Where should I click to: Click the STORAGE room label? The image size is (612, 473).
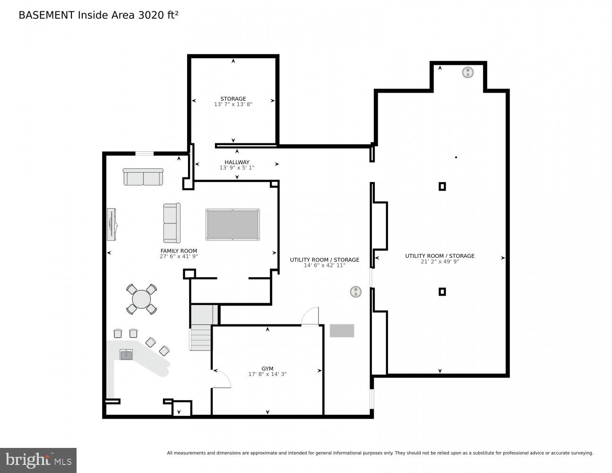pos(233,99)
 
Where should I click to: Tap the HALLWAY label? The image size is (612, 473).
pos(237,162)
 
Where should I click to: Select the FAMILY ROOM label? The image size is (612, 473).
pos(179,251)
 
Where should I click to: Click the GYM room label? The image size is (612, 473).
pos(267,368)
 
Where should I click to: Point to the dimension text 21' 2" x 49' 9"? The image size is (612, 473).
pos(440,262)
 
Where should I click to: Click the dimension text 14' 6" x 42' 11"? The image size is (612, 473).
pos(324,265)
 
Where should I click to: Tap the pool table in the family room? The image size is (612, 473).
pos(233,225)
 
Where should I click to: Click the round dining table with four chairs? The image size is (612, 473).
pos(141,299)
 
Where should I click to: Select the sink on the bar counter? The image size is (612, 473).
pos(126,355)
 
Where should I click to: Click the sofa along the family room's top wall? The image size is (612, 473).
pos(143,177)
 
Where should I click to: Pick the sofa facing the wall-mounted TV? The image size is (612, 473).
pos(172,223)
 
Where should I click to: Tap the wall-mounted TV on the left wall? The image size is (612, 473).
pos(112,224)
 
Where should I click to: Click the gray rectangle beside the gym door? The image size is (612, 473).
pos(342,331)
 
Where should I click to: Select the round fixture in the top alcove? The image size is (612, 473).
pos(467,72)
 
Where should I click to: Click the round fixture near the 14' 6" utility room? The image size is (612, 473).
pos(355,292)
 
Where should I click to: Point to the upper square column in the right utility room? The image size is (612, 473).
pos(442,186)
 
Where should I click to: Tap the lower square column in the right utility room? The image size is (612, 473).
pos(442,292)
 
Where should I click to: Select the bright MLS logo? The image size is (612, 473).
pos(38,460)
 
